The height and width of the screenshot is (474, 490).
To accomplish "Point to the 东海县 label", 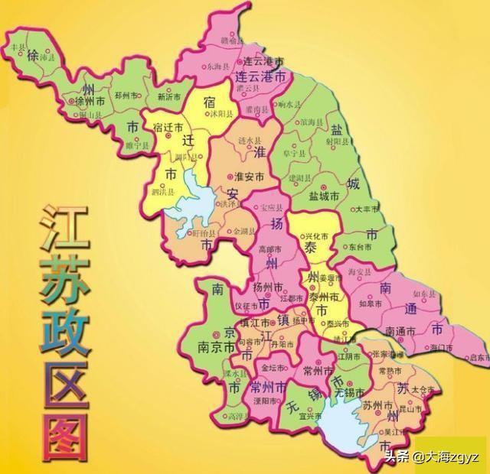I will (x=217, y=67).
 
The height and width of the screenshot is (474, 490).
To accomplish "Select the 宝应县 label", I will (x=271, y=207).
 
